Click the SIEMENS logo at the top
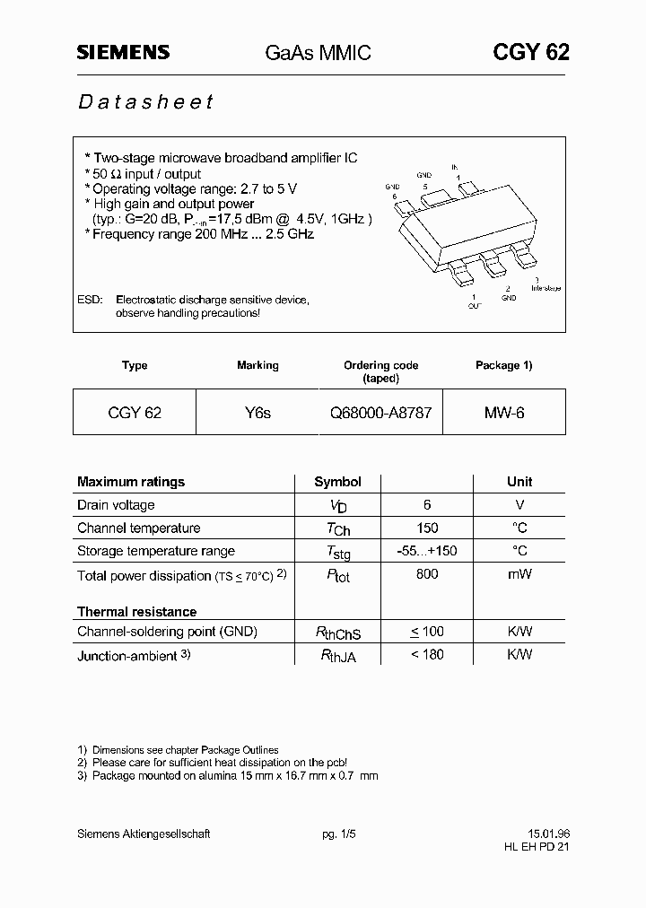coord(122,53)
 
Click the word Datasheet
coord(145,101)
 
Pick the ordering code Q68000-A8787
coord(381,414)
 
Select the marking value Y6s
coord(258,414)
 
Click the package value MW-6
coord(504,414)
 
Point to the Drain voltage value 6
coord(427,505)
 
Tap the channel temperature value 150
coord(427,528)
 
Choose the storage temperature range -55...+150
coord(427,551)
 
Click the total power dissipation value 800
coord(427,574)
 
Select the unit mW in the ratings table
coord(519,574)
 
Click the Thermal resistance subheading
coord(136,612)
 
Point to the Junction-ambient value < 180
coord(427,654)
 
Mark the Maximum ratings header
coord(131,482)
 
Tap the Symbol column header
coord(337,482)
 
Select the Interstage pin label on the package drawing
coord(546,288)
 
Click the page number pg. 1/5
coord(339,834)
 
